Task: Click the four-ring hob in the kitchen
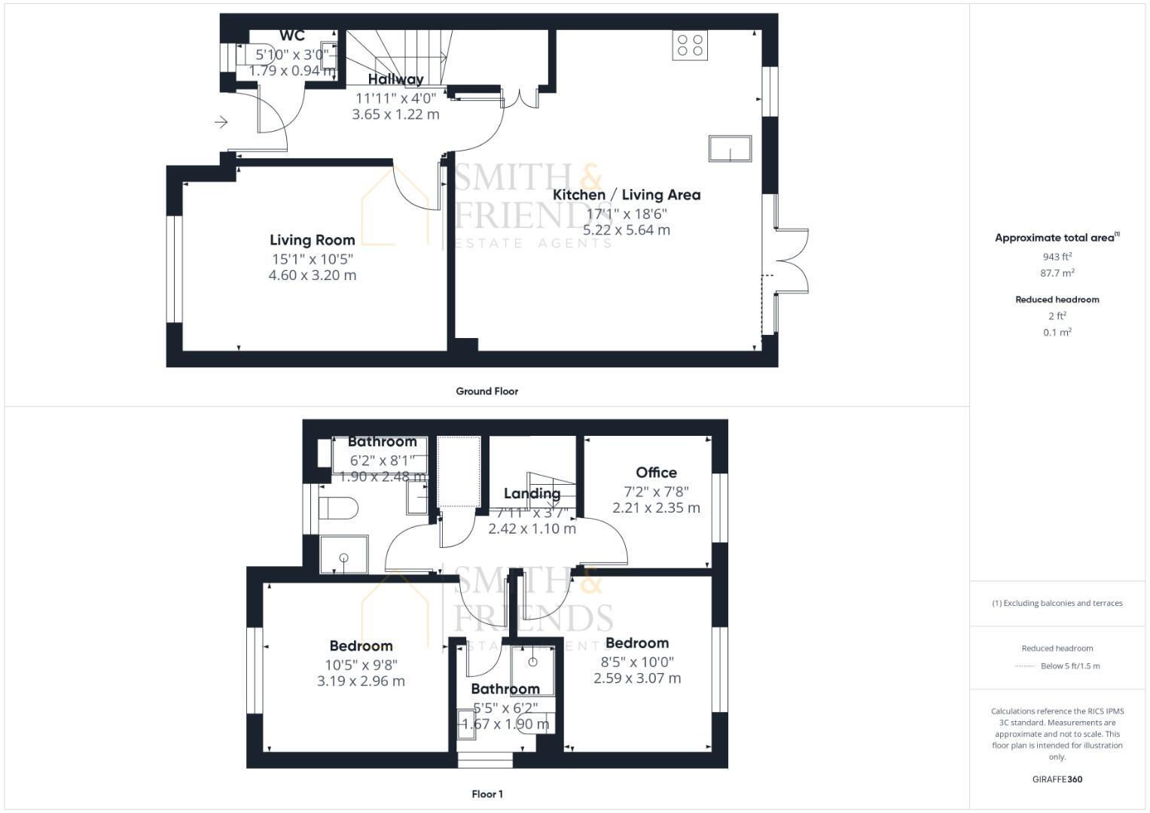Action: tap(690, 45)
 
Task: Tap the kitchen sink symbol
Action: tap(730, 148)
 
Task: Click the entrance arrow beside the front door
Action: tap(221, 122)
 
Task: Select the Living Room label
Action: tap(312, 240)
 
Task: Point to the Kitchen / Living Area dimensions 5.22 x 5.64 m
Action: tap(626, 230)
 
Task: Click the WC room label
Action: tap(292, 35)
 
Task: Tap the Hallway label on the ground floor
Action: tap(395, 79)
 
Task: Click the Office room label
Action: tap(656, 473)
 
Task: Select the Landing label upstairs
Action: tap(532, 494)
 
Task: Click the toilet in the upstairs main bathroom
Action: tap(337, 508)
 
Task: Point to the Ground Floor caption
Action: tap(487, 391)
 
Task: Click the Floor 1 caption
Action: tap(487, 794)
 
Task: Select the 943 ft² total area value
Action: tap(1057, 257)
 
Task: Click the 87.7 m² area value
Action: tap(1057, 273)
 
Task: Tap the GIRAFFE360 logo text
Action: tap(1057, 779)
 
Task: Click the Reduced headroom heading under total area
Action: tap(1057, 300)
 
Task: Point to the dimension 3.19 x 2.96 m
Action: tap(361, 681)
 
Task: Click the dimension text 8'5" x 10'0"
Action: tap(637, 662)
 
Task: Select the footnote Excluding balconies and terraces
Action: tap(1057, 603)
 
